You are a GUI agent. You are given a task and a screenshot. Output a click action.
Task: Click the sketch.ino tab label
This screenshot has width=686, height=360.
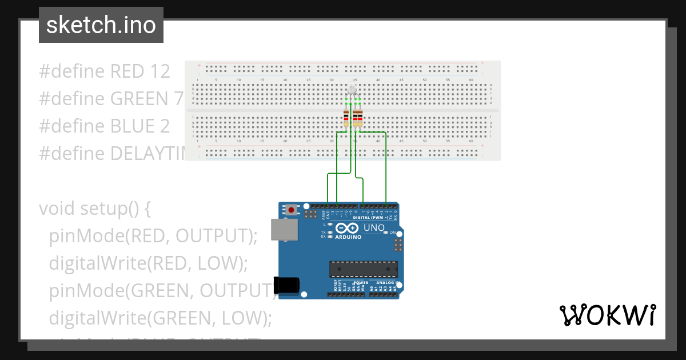101,25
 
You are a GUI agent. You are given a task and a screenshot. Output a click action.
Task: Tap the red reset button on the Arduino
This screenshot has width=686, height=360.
292,210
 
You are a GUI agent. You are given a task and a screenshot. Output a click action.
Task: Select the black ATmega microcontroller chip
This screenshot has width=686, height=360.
363,270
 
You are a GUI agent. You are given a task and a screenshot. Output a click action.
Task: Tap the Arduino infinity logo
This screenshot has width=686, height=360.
348,228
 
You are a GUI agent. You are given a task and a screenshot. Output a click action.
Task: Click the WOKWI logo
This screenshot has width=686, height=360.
607,315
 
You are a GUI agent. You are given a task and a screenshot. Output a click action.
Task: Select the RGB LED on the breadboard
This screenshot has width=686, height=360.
352,90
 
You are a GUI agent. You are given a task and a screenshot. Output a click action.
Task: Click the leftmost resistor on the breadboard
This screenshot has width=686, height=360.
346,118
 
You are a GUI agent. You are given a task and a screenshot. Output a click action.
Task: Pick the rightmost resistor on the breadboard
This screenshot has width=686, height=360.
360,118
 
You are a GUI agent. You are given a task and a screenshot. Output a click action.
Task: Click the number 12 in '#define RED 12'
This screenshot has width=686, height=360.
157,71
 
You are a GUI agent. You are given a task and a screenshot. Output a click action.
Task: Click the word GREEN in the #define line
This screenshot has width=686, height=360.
137,99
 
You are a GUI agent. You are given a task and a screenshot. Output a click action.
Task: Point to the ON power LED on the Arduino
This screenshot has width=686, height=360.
386,233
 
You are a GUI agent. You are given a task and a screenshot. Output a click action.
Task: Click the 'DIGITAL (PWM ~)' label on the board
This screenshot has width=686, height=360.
371,218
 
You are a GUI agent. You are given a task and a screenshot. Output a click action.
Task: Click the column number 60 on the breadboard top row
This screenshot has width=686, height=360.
470,80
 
